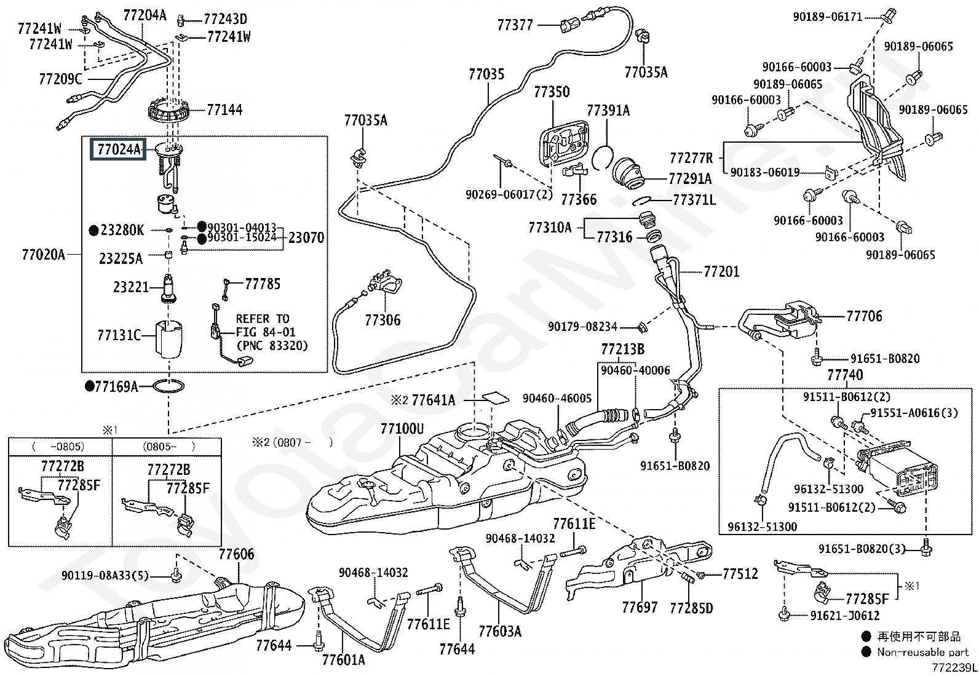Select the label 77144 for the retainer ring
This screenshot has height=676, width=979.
click(224, 110)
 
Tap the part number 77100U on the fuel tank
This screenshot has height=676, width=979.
click(402, 429)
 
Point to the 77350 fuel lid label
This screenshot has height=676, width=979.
click(552, 92)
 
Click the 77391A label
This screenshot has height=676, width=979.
click(608, 111)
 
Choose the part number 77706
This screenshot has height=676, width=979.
click(864, 316)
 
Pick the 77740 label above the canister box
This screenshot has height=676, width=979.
click(845, 375)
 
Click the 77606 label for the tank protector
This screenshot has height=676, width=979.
click(236, 554)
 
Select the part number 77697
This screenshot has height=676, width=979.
click(640, 607)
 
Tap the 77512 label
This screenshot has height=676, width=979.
click(740, 574)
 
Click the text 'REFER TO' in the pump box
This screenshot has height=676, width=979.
click(263, 319)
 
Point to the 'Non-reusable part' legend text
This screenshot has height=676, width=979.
click(922, 652)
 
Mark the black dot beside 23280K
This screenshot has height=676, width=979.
click(93, 231)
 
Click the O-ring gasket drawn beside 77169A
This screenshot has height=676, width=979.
click(168, 387)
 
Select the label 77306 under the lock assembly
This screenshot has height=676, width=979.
click(382, 320)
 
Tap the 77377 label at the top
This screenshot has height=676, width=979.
click(515, 25)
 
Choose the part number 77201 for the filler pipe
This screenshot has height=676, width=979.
click(721, 271)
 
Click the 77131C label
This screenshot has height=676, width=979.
click(119, 335)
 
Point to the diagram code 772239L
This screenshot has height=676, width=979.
click(953, 667)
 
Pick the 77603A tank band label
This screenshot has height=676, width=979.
click(499, 630)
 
